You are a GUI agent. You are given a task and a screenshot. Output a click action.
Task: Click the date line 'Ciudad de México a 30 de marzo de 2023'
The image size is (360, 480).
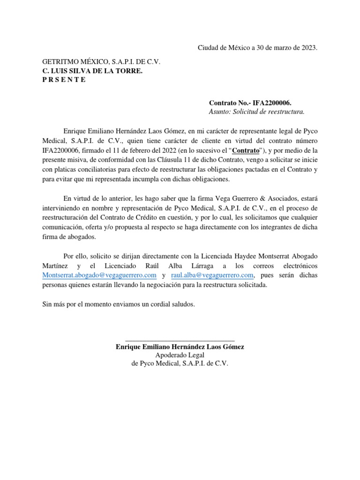point(257,48)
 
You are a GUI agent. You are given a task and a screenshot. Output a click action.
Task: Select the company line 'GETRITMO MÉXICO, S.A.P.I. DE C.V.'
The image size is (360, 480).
point(102,62)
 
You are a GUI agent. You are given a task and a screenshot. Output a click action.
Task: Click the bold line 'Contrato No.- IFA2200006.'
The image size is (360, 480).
point(253,103)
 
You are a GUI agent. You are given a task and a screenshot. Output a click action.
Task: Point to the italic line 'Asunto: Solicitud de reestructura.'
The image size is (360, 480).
point(256,112)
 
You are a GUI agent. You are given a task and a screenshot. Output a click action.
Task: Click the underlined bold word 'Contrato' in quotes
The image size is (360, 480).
point(247,150)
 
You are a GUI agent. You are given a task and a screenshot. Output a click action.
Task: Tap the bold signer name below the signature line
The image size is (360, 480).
point(180,347)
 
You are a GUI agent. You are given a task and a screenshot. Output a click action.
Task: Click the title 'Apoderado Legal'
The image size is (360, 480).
point(180,355)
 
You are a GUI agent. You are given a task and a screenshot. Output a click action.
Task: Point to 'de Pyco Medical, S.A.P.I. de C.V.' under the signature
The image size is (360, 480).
point(180,364)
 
